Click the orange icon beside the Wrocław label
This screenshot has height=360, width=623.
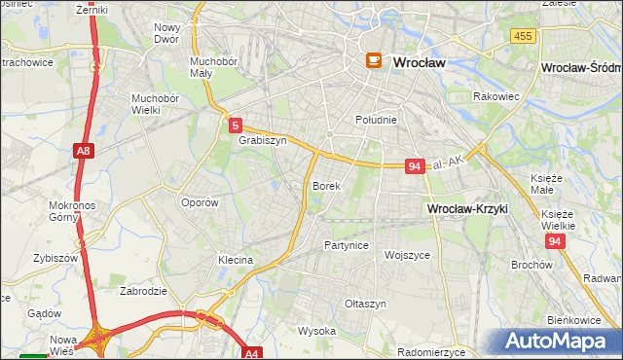click(373, 61)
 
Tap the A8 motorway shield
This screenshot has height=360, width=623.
click(84, 151)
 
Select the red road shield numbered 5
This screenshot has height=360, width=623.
click(236, 126)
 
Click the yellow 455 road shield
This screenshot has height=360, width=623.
click(522, 36)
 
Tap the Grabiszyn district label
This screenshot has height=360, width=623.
click(263, 140)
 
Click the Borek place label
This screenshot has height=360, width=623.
click(325, 185)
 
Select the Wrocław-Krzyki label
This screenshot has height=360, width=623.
click(467, 209)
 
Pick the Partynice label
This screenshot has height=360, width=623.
click(347, 245)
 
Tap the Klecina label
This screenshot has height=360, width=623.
click(236, 260)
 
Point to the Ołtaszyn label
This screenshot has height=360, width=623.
click(366, 304)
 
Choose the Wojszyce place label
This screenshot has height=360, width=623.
click(407, 254)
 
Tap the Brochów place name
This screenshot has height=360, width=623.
click(531, 264)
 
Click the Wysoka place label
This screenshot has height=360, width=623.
click(316, 331)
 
